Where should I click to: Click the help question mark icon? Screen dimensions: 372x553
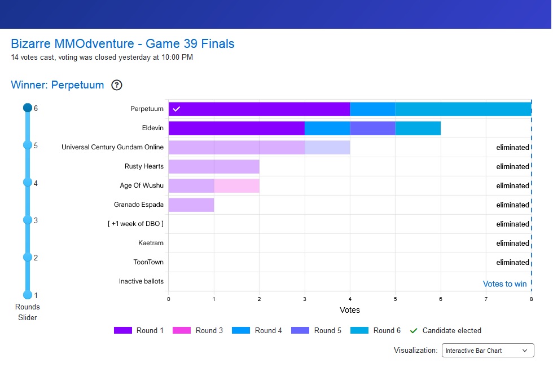click(x=117, y=85)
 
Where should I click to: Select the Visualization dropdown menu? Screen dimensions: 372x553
click(x=488, y=351)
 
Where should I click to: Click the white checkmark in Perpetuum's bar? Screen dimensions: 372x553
click(x=176, y=109)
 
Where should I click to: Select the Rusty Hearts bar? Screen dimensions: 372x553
click(x=214, y=167)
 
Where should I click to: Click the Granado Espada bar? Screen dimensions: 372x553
click(x=191, y=205)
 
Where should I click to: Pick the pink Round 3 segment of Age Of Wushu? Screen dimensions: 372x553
click(x=236, y=186)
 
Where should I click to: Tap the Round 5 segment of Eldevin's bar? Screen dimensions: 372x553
click(x=372, y=129)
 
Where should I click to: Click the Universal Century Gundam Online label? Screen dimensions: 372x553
click(x=112, y=148)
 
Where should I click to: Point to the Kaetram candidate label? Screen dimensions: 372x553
click(x=151, y=243)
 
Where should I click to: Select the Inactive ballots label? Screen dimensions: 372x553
click(x=141, y=282)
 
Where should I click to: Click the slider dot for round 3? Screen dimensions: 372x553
click(x=27, y=220)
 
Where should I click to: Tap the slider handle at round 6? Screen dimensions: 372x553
click(x=27, y=108)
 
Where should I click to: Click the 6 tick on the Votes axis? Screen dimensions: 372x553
click(x=440, y=298)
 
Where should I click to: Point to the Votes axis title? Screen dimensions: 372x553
click(x=349, y=310)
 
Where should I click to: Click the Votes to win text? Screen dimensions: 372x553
click(x=504, y=284)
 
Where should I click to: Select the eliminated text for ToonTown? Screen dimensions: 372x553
click(x=512, y=263)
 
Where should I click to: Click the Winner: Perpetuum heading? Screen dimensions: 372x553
click(x=58, y=85)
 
